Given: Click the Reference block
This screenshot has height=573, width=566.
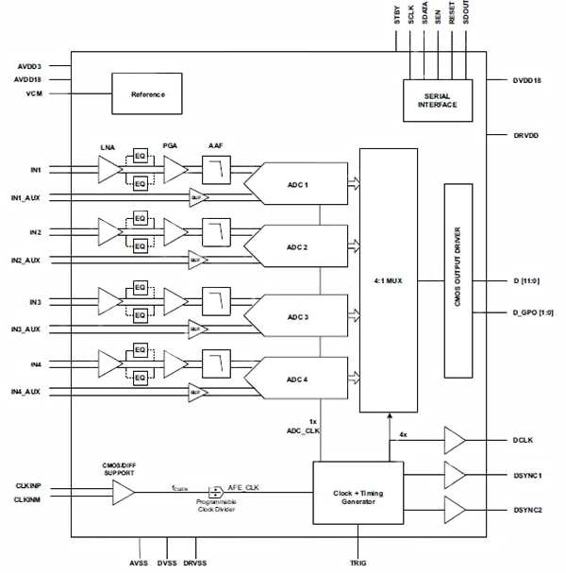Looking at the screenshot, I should click(x=147, y=94).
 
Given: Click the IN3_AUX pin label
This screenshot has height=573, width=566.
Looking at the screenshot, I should click(x=25, y=329).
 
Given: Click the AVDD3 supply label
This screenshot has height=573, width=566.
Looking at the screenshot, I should click(x=28, y=67).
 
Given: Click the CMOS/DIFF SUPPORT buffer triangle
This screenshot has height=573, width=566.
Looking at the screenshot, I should click(x=124, y=491).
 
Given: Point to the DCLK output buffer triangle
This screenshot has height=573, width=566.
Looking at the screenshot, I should click(x=455, y=440).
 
